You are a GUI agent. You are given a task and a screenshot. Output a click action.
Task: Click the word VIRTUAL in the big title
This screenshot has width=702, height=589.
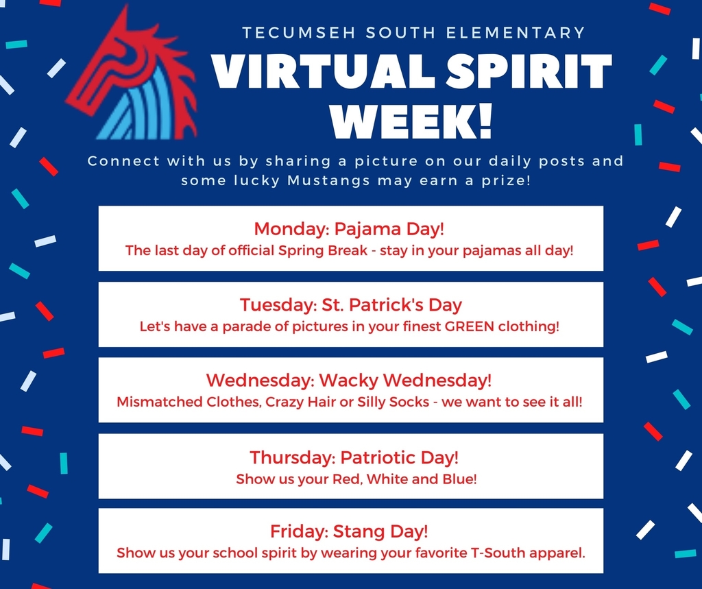point(322,72)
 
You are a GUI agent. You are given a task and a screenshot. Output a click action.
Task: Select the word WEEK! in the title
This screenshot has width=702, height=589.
point(411,122)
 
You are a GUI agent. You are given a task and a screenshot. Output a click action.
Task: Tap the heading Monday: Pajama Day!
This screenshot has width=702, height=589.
point(349,229)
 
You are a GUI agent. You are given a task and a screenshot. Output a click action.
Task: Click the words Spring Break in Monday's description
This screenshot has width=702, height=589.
point(323,250)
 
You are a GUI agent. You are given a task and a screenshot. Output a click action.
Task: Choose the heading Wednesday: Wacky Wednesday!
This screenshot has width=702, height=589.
point(349,381)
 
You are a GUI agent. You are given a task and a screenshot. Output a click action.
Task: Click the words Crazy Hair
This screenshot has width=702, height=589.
point(300,402)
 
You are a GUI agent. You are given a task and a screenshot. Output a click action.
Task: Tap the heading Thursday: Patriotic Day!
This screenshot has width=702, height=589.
point(354,457)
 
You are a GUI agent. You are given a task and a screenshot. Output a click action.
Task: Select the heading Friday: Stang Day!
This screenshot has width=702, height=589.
point(349,531)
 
